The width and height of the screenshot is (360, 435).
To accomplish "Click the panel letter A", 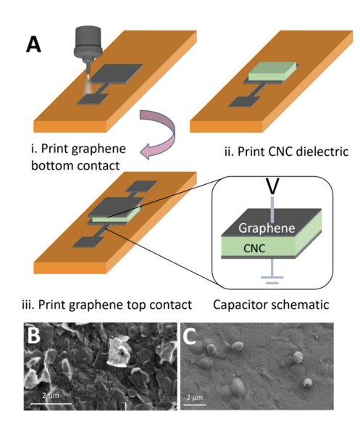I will tap(34, 45).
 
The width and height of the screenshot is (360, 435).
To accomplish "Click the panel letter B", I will tap(32, 338).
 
